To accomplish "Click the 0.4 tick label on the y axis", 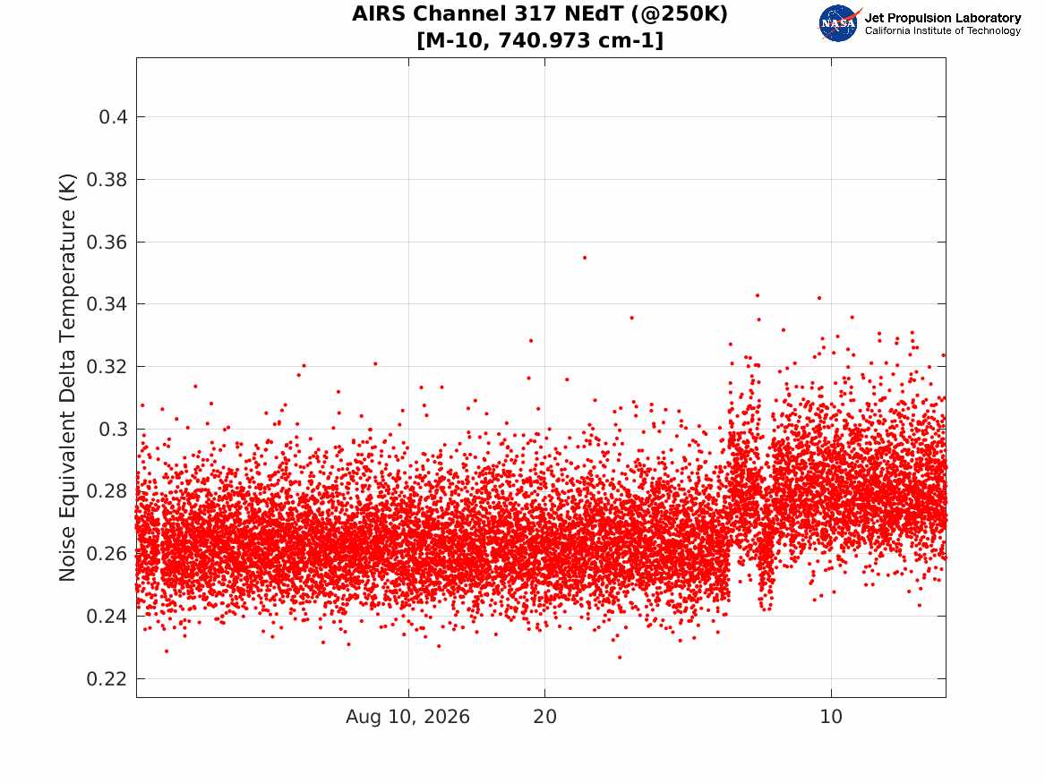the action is pyautogui.click(x=113, y=117).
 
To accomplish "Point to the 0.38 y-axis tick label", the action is pyautogui.click(x=107, y=180).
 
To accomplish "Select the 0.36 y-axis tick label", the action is pyautogui.click(x=107, y=243).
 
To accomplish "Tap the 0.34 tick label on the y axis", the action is pyautogui.click(x=107, y=304).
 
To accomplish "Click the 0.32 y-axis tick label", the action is pyautogui.click(x=107, y=367).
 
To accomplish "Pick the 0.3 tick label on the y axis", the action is pyautogui.click(x=113, y=430).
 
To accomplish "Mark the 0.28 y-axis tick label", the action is pyautogui.click(x=107, y=491).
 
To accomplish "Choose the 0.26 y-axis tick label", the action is pyautogui.click(x=107, y=554).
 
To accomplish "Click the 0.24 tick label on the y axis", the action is pyautogui.click(x=107, y=617).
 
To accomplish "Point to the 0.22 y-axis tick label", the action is pyautogui.click(x=107, y=679).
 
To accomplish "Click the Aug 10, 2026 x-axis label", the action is pyautogui.click(x=407, y=717).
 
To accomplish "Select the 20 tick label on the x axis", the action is pyautogui.click(x=544, y=717).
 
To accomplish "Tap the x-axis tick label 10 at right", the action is pyautogui.click(x=831, y=717).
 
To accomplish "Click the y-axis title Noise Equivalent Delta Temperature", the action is pyautogui.click(x=67, y=378).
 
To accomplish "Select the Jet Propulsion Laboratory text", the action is pyautogui.click(x=943, y=18).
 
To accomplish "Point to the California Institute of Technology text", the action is pyautogui.click(x=943, y=30).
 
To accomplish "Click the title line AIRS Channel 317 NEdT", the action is pyautogui.click(x=540, y=14).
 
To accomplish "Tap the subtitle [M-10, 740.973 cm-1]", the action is pyautogui.click(x=540, y=40).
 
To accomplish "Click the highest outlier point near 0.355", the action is pyautogui.click(x=585, y=258).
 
